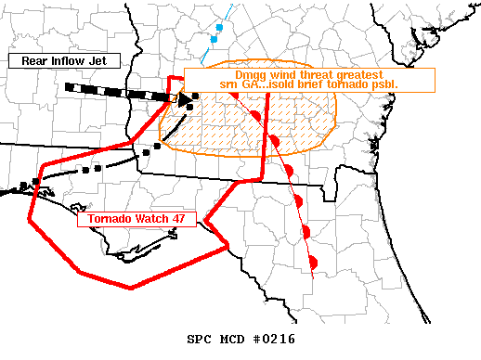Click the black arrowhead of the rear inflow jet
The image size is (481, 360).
pos(185,98)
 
